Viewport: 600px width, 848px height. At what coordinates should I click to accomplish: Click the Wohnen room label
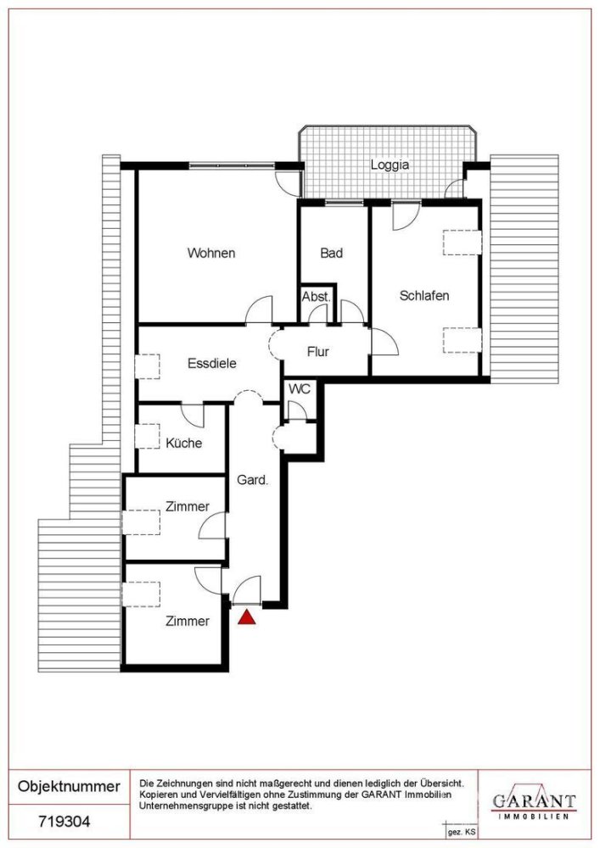coord(211,253)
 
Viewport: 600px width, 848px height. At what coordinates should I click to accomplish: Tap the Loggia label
coord(390,165)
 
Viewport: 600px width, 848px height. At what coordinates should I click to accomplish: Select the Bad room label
coord(332,253)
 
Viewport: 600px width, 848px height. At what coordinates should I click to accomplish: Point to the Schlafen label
coord(424,296)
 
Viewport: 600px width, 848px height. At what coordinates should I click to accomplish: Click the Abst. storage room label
coord(317,297)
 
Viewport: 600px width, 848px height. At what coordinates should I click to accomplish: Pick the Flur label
coord(318,352)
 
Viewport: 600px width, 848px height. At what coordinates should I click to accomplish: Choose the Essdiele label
coord(212,364)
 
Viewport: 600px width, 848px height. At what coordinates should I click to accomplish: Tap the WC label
coord(300,389)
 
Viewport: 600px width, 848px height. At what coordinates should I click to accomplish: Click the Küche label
coord(184,443)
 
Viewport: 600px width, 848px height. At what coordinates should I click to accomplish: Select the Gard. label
coord(253,480)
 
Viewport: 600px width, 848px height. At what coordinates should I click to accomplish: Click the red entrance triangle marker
coord(247,617)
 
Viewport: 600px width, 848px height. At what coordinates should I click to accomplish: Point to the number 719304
coord(64,822)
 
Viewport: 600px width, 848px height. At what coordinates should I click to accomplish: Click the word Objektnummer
coord(69,787)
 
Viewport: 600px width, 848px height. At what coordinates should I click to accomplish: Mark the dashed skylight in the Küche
coord(147,437)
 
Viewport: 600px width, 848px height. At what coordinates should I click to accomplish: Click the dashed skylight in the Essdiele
coord(147,366)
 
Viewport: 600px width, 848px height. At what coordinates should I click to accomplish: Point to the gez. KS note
coord(462,833)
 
